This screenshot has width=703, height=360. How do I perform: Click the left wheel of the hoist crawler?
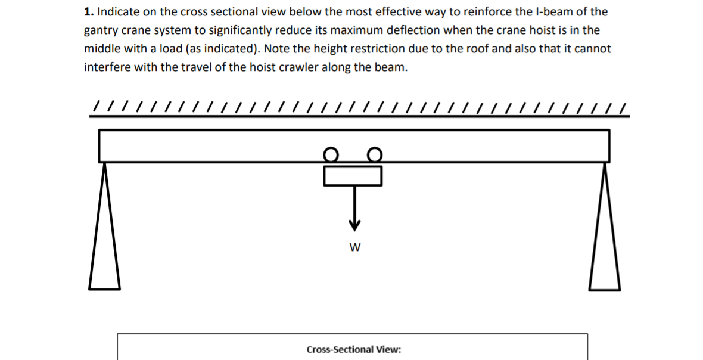(x=331, y=155)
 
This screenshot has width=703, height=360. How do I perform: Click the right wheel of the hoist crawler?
(x=374, y=155)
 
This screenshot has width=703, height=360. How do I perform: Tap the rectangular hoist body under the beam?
(x=353, y=176)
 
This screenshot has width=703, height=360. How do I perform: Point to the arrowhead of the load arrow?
(x=354, y=225)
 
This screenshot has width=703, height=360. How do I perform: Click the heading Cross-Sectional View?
(x=353, y=349)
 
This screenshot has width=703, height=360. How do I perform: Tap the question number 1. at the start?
(x=89, y=12)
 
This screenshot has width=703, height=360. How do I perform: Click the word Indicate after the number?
(x=117, y=12)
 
